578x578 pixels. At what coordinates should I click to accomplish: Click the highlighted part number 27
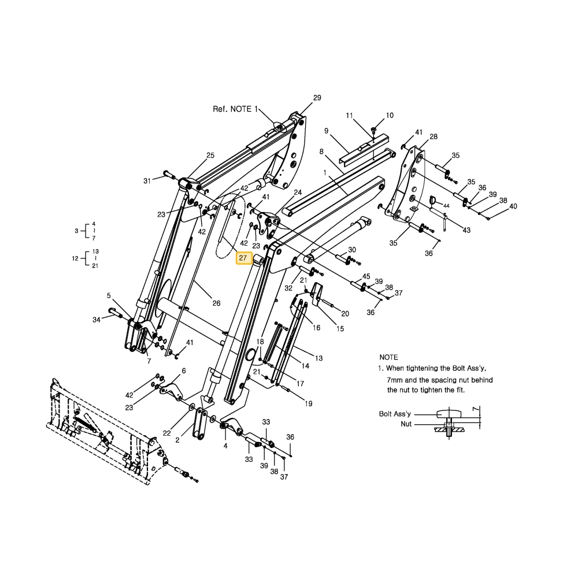(x=243, y=258)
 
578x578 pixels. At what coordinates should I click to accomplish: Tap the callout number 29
(x=317, y=98)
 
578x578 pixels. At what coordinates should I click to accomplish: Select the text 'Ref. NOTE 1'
(x=235, y=109)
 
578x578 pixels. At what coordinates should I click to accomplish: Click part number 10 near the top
(x=390, y=116)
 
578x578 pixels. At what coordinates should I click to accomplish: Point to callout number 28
(x=433, y=137)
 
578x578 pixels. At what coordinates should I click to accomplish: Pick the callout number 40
(x=513, y=206)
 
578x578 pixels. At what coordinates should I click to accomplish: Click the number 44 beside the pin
(x=446, y=206)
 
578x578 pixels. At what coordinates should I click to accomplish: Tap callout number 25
(x=210, y=155)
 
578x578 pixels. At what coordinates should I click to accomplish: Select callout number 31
(x=147, y=181)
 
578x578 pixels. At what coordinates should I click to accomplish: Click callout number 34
(x=96, y=320)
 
